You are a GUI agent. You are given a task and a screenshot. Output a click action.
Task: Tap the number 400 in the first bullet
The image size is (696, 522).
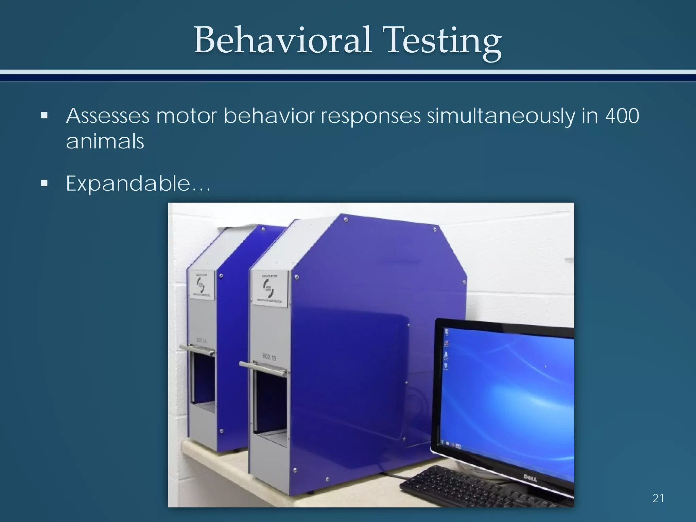coord(622,116)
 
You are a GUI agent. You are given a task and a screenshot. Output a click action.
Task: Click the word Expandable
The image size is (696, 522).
coord(128,184)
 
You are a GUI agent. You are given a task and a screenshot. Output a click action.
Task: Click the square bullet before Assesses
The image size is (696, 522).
coord(44,116)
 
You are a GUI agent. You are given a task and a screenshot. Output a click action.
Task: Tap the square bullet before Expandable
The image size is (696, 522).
coord(44,184)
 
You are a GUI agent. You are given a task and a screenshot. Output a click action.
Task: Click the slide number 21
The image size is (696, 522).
coord(658,498)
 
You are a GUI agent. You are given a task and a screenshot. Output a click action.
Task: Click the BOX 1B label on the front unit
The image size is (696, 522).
coord(269,357)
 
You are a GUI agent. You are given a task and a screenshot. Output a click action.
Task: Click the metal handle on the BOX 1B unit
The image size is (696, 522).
coord(263,369)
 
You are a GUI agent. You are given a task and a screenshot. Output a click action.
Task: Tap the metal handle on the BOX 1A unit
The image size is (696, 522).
coord(197,350)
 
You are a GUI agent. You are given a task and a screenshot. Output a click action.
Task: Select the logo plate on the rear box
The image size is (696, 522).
coord(202,285)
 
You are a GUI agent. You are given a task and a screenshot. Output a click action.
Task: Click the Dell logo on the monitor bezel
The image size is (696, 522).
coord(529,478)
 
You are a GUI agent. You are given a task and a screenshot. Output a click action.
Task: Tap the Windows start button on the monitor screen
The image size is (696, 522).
coord(442,442)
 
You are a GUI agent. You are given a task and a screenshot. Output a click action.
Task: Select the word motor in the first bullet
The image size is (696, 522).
coord(186,116)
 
